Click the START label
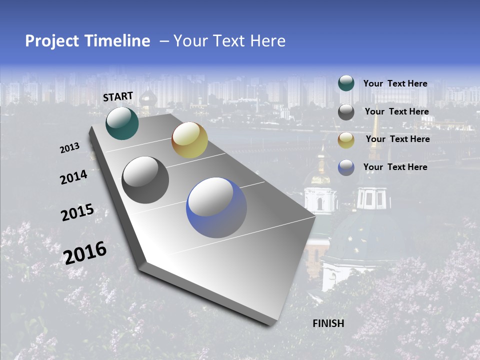click(118, 96)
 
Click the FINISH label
click(328, 323)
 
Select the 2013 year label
click(70, 148)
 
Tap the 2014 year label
click(73, 177)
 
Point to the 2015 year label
click(77, 212)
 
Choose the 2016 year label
click(85, 253)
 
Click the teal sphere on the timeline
click(122, 123)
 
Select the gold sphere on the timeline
click(189, 140)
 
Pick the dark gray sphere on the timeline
click(145, 180)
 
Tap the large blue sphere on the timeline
click(216, 207)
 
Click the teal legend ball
click(346, 83)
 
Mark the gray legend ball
click(346, 112)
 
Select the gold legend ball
click(346, 140)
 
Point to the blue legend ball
click(346, 167)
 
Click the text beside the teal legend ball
click(395, 83)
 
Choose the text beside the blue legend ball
click(395, 167)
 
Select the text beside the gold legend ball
click(397, 139)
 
